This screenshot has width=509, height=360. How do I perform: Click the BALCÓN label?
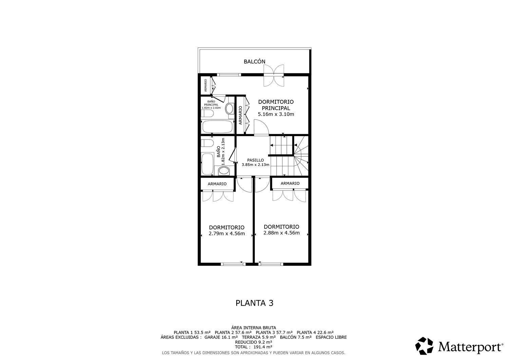pos(254,62)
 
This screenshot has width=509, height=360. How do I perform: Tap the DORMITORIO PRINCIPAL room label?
pos(276,105)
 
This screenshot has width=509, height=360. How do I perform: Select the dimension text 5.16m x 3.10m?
pos(276,114)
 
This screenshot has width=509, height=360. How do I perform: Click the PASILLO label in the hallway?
pos(255,160)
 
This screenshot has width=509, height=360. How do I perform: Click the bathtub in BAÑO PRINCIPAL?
pos(218,128)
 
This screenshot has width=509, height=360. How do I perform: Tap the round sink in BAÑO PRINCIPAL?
pos(229,109)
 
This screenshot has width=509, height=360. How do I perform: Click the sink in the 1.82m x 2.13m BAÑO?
pos(224,171)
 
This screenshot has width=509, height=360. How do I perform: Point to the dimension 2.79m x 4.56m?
pos(226,233)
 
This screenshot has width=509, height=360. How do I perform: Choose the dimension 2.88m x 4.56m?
pos(281,233)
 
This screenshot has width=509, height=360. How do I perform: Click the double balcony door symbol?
pos(274,74)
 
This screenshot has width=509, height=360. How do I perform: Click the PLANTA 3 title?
pos(254,303)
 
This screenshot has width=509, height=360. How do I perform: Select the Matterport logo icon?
pos(425,346)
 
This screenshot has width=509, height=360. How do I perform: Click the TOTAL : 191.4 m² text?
pos(254,347)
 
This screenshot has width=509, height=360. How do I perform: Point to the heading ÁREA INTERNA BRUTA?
pos(254,327)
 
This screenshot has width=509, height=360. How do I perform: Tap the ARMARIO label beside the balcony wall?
pos(205,86)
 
